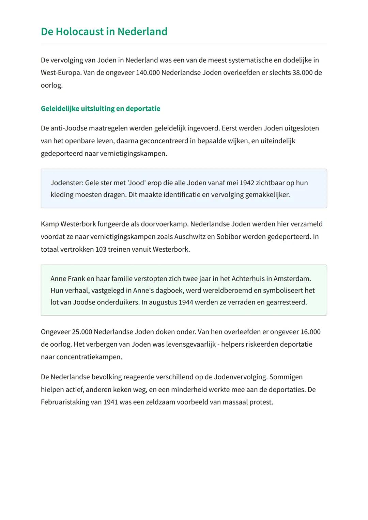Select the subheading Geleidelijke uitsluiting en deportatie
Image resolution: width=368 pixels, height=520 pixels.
100,109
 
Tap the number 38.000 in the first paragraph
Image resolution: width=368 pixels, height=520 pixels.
302,73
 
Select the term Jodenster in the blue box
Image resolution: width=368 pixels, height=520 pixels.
67,183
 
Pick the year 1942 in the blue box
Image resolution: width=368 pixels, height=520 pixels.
247,183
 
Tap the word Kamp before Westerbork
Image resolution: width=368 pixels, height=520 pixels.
49,224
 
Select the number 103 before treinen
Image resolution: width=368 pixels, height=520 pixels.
101,249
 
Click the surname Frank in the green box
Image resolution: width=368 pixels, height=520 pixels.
76,279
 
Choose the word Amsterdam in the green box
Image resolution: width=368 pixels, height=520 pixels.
292,279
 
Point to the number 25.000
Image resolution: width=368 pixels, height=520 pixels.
82,332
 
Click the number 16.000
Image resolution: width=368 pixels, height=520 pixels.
310,332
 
